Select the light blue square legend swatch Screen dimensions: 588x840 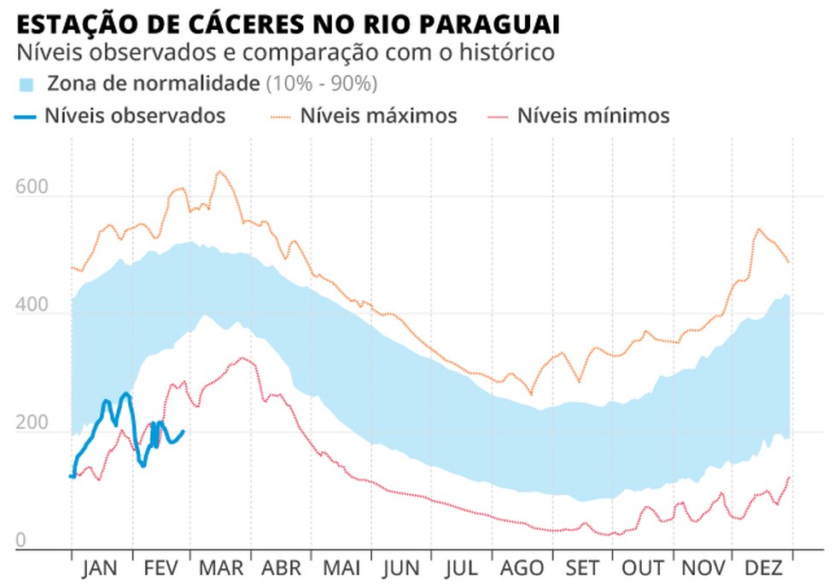click(x=26, y=84)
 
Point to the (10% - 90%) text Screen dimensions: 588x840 click(x=322, y=84)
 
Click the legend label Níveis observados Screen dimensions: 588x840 click(x=135, y=116)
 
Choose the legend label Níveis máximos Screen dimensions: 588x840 click(x=378, y=116)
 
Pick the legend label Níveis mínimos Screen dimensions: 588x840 click(x=593, y=116)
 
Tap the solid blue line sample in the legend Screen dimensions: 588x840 click(x=26, y=116)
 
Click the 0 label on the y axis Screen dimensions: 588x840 click(x=21, y=540)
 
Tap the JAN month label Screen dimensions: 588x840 click(x=102, y=569)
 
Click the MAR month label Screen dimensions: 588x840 click(x=221, y=569)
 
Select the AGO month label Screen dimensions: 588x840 click(x=522, y=569)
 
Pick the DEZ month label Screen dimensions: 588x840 click(x=763, y=569)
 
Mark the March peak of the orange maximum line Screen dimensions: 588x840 click(x=219, y=172)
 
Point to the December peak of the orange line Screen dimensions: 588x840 click(x=758, y=229)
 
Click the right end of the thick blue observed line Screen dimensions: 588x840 click(x=184, y=431)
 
